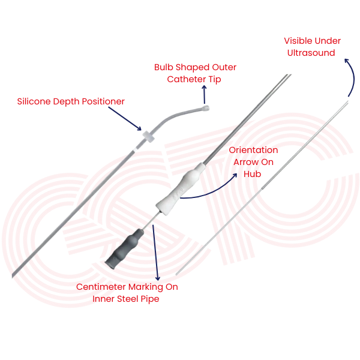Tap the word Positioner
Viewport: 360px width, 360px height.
(x=102, y=102)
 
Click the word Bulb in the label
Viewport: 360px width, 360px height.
(x=165, y=67)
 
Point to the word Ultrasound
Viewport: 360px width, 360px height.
(x=311, y=53)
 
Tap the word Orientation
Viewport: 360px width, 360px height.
(x=253, y=150)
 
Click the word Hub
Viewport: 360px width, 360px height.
(x=251, y=174)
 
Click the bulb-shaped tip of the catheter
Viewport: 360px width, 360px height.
(x=206, y=109)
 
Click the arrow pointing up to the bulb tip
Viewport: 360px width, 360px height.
(x=204, y=95)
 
